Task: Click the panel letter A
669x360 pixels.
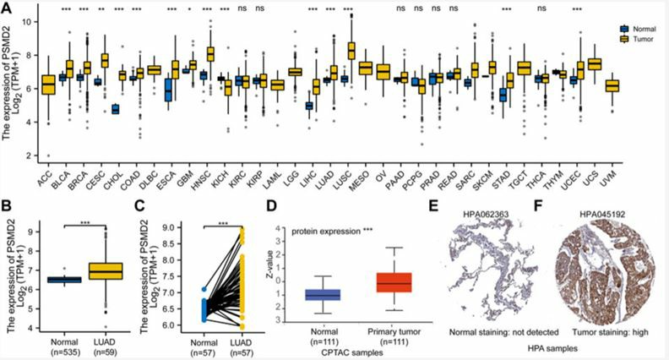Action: [x=8, y=8]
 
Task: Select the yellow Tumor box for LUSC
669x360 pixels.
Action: [x=328, y=51]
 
